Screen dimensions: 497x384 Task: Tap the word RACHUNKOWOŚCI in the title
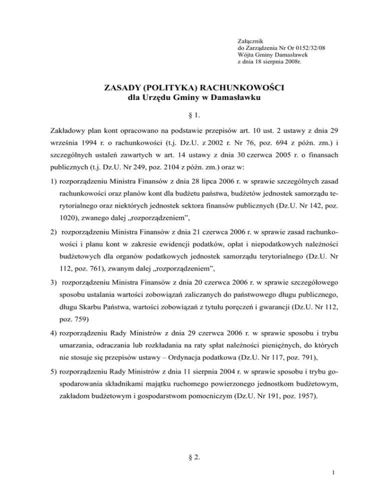pyautogui.click(x=239, y=88)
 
